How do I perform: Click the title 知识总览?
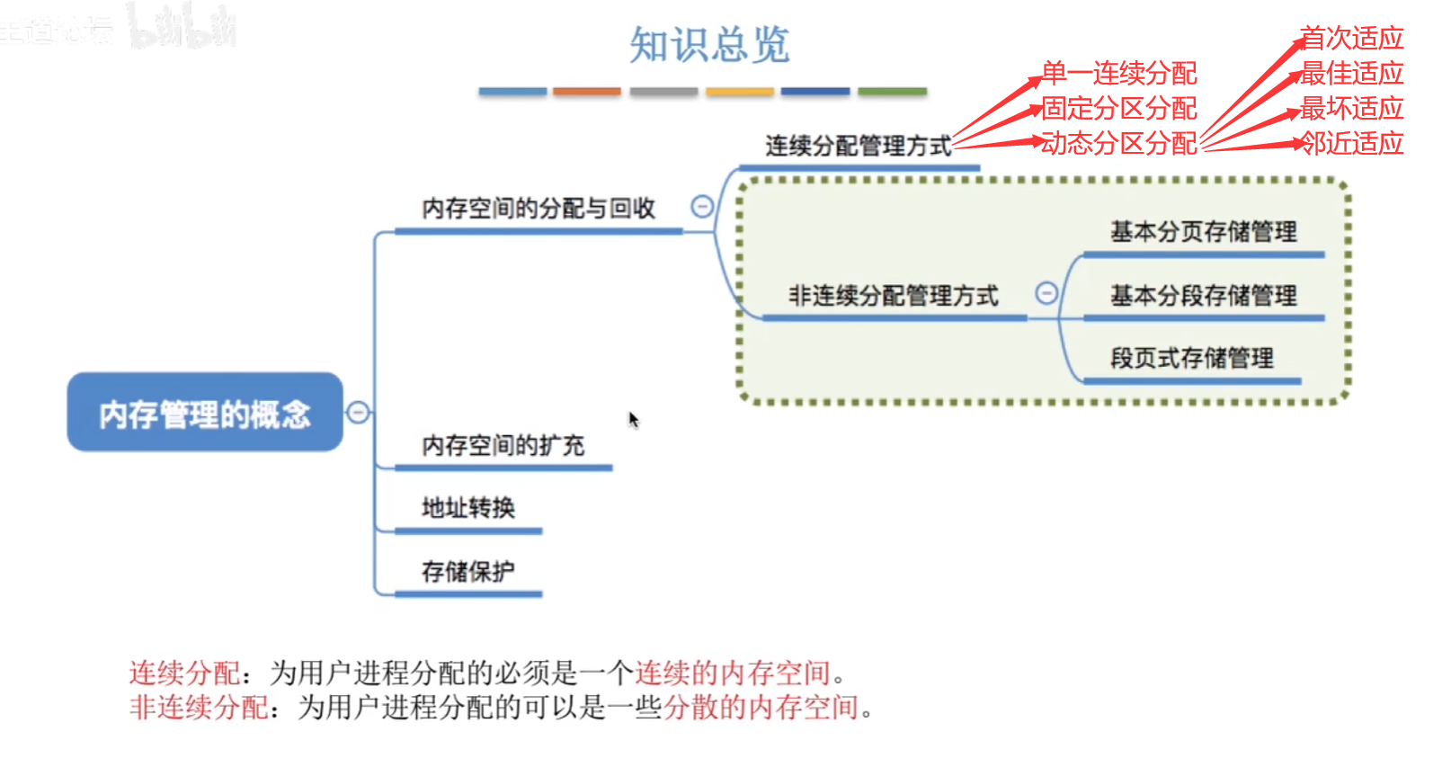[x=709, y=44]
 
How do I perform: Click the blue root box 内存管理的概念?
[x=205, y=413]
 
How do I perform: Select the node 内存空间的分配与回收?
[x=539, y=209]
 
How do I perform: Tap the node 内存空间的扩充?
[x=503, y=445]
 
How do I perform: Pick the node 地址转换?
[x=468, y=508]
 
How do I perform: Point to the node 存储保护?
[x=468, y=571]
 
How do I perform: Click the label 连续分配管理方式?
[x=858, y=146]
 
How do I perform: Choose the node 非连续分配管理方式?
[x=893, y=296]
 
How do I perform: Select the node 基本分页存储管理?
[x=1203, y=232]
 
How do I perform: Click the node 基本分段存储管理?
[x=1203, y=296]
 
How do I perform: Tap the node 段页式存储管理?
[x=1191, y=358]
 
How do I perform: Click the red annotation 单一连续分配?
[x=1119, y=73]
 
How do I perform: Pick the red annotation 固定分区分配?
[x=1119, y=108]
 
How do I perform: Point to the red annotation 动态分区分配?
[x=1119, y=143]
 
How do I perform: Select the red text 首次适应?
[x=1352, y=38]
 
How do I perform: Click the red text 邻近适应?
[x=1352, y=143]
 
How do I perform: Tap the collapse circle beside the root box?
[x=358, y=412]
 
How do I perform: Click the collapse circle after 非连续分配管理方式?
[x=1046, y=293]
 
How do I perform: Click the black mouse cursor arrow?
[x=633, y=419]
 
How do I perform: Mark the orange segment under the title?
[x=586, y=92]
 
